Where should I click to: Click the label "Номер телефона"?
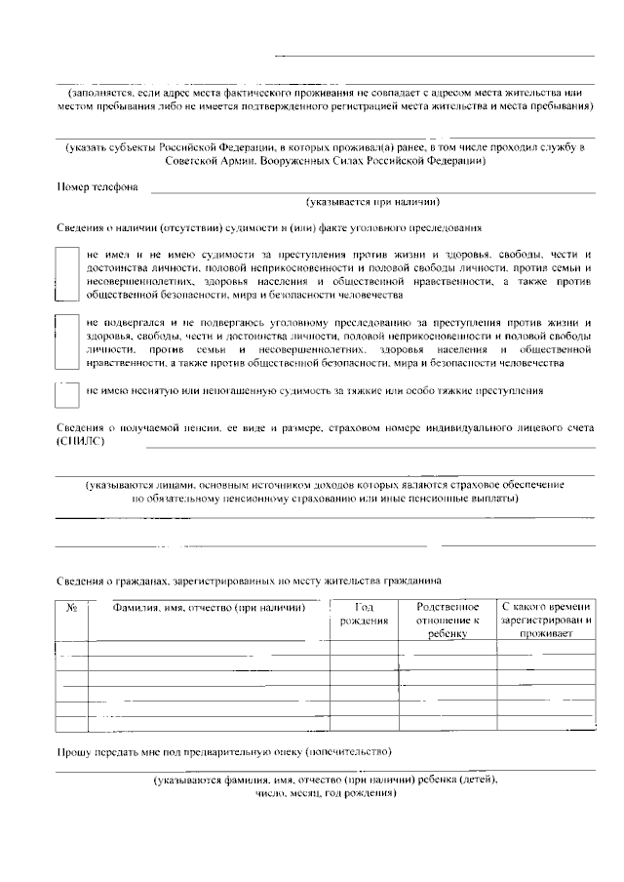click(97, 186)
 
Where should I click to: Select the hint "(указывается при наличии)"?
click(371, 203)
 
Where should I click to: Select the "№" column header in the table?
click(71, 607)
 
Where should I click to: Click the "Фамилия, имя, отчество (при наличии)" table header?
click(203, 607)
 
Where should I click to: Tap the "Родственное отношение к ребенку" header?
click(448, 620)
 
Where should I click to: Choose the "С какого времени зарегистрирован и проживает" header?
click(546, 620)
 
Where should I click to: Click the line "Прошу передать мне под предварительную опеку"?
click(223, 752)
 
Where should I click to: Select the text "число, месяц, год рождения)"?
click(325, 793)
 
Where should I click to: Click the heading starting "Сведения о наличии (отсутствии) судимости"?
click(268, 227)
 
